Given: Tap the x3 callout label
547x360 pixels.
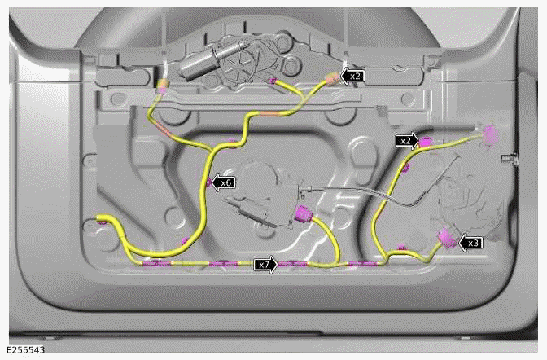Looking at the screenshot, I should [474, 242].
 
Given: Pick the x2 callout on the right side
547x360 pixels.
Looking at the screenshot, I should [405, 140].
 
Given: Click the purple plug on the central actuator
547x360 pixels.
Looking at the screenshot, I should [305, 216].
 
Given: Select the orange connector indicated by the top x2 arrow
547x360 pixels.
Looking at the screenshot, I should [331, 79].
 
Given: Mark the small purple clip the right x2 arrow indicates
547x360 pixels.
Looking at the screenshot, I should [425, 142].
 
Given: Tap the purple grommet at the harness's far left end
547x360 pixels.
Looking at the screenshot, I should [100, 220].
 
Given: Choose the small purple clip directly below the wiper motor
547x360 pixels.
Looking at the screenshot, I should [273, 81].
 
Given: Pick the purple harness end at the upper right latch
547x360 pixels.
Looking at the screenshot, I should [489, 133].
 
